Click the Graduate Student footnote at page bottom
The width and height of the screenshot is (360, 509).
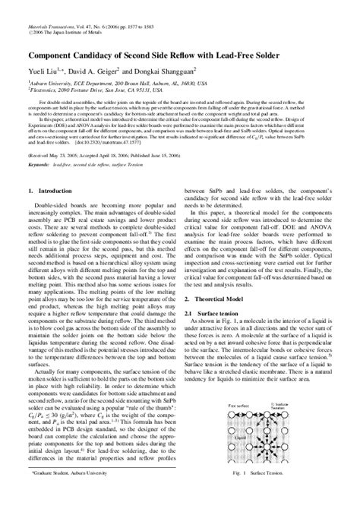coord(73,495)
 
